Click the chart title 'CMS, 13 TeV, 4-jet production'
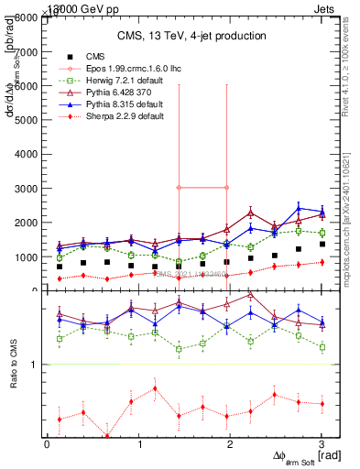tap(190, 36)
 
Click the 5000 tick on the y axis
tap(28, 120)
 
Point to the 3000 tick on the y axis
tap(28, 188)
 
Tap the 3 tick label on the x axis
tap(322, 445)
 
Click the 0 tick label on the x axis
tap(47, 445)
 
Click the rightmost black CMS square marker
tap(322, 245)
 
